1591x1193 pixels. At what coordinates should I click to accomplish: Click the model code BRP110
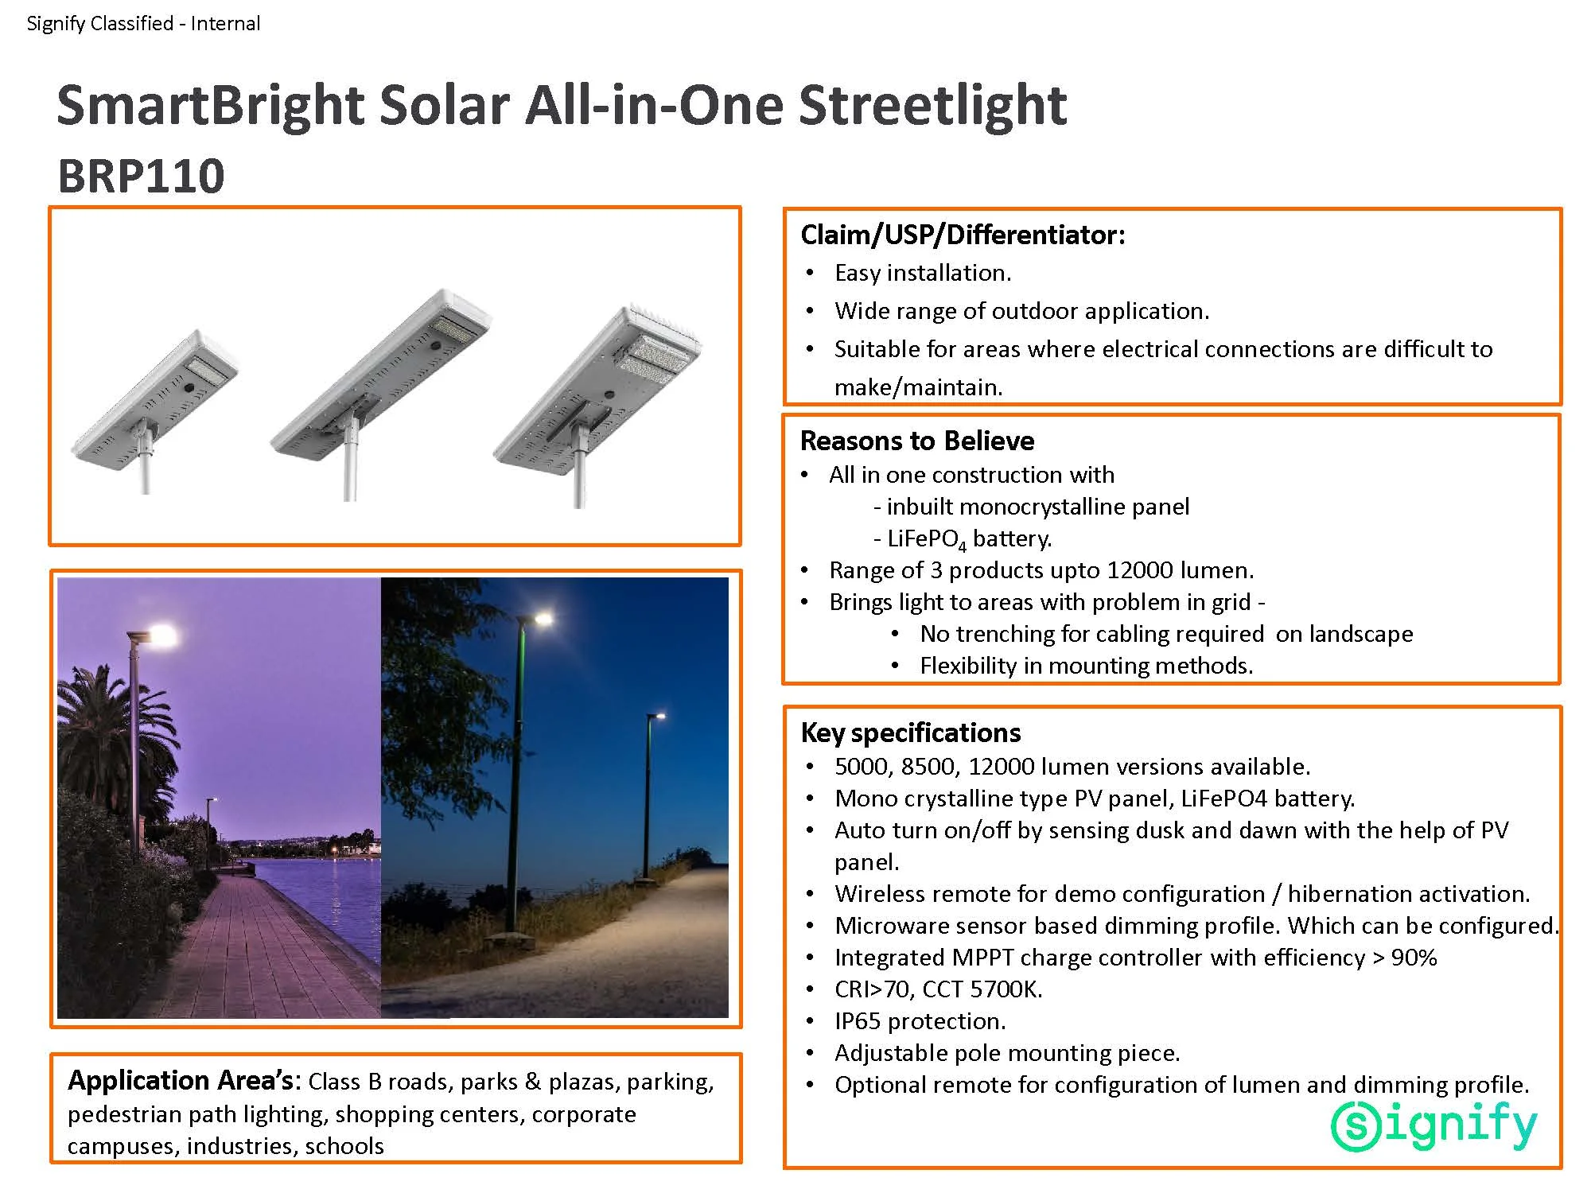point(141,176)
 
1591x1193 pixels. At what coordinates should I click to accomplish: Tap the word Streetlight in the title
point(932,105)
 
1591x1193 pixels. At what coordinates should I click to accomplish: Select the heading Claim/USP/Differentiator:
point(963,235)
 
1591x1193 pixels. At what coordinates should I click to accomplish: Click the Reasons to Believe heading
point(916,441)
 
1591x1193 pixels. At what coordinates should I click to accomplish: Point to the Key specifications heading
point(910,733)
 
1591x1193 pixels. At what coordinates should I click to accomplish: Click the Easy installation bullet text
point(922,273)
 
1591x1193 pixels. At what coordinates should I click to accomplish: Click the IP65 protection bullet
point(920,1021)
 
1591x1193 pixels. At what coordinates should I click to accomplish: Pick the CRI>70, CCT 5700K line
point(938,989)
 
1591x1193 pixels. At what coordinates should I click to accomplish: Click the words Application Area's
point(183,1081)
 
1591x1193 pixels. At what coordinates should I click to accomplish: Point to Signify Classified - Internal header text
point(143,23)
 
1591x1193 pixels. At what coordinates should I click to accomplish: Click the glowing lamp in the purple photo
point(161,635)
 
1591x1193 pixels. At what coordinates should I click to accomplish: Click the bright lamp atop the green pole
point(543,617)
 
